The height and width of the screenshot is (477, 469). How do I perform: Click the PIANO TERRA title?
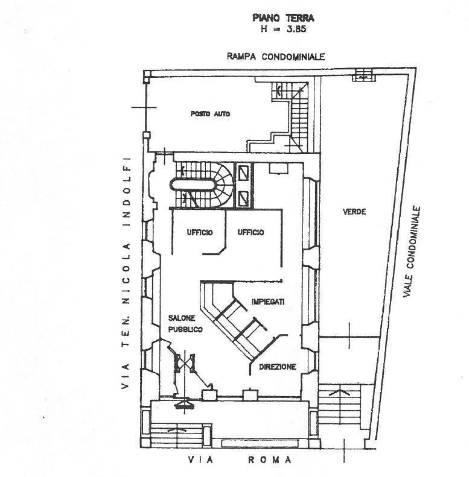[283, 18]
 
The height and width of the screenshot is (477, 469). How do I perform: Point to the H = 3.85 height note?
[283, 29]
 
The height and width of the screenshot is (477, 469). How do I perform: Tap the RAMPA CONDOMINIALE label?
[276, 57]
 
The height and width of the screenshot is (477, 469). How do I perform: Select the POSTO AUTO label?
[210, 114]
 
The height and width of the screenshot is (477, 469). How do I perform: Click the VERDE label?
[354, 212]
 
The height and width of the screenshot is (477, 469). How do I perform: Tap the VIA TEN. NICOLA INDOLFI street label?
[126, 273]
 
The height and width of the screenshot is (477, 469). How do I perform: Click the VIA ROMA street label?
[240, 460]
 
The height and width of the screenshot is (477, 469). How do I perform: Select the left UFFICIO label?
[200, 232]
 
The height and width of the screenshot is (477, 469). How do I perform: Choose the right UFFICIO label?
[250, 232]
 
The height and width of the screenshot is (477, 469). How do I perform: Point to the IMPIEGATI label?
[268, 302]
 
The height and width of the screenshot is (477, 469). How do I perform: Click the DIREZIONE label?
[278, 367]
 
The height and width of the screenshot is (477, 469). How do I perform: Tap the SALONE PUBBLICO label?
[185, 324]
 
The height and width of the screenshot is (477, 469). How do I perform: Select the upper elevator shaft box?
[243, 174]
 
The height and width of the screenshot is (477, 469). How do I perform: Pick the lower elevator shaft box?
[243, 198]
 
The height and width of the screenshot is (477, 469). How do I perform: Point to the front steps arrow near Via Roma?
[176, 430]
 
